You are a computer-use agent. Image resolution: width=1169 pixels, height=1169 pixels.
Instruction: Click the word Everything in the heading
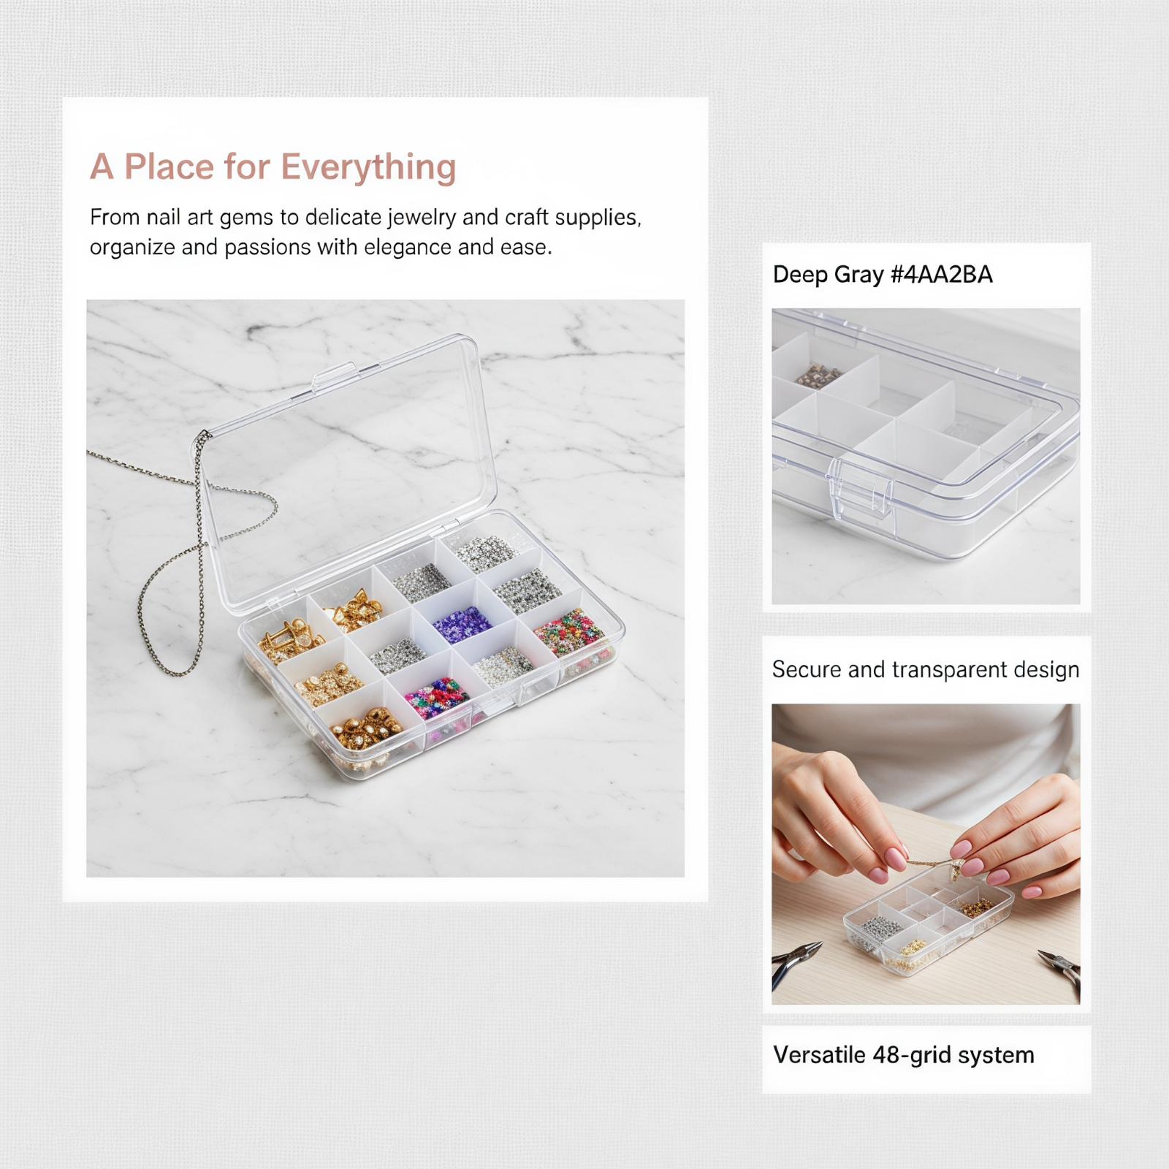point(369,167)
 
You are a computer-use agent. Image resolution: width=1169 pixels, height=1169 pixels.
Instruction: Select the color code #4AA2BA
point(942,275)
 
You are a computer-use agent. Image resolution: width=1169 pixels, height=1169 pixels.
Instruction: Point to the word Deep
point(799,275)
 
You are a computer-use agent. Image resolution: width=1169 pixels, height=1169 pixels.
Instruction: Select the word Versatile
point(820,1055)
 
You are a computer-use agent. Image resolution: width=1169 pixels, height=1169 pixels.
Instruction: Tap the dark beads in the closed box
point(817,376)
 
